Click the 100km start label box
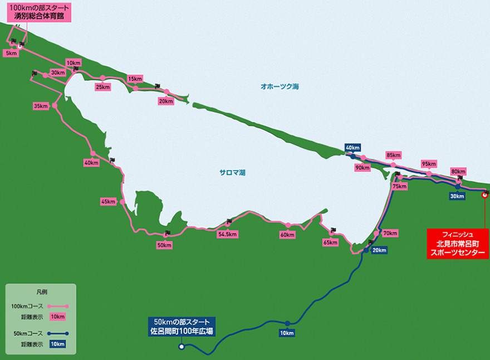pyautogui.click(x=40, y=12)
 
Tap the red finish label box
pyautogui.click(x=458, y=243)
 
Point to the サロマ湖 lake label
pyautogui.click(x=232, y=173)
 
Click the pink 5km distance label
pyautogui.click(x=11, y=53)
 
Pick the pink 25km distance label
pyautogui.click(x=102, y=86)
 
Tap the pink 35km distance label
pyautogui.click(x=41, y=106)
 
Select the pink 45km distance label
pyautogui.click(x=108, y=202)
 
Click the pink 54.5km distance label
pyautogui.click(x=228, y=234)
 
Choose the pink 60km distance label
pyautogui.click(x=287, y=235)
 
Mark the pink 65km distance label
pyautogui.click(x=330, y=242)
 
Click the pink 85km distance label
pyautogui.click(x=393, y=155)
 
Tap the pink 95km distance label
pyautogui.click(x=428, y=164)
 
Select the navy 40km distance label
pyautogui.click(x=352, y=148)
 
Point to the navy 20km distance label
pyautogui.click(x=379, y=250)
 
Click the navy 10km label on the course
pyautogui.click(x=287, y=333)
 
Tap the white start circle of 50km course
pyautogui.click(x=181, y=347)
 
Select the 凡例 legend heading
pyautogui.click(x=40, y=292)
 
